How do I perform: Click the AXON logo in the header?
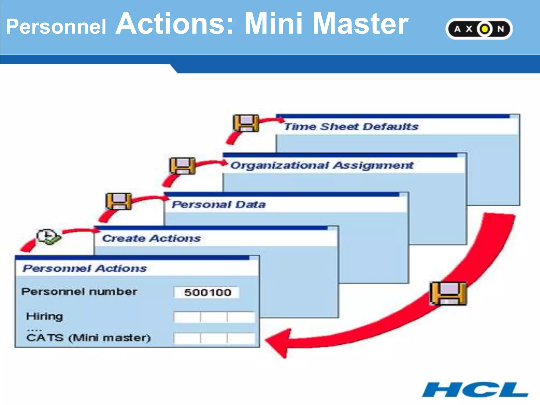[479, 29]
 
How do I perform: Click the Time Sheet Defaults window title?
[351, 127]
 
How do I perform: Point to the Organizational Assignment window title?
[321, 165]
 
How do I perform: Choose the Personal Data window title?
[219, 204]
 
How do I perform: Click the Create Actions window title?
[152, 238]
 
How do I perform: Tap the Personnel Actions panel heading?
[85, 268]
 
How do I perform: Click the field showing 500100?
[207, 292]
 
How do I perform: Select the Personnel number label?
[79, 292]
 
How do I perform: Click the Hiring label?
[45, 316]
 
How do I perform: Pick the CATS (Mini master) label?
[88, 338]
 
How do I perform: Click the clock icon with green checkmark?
[48, 237]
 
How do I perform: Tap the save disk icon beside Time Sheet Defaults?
[246, 123]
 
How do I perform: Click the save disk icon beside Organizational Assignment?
[182, 166]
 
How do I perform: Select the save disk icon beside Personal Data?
[119, 201]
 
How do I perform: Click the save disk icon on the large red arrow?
[448, 293]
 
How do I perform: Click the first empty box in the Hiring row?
[187, 317]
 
